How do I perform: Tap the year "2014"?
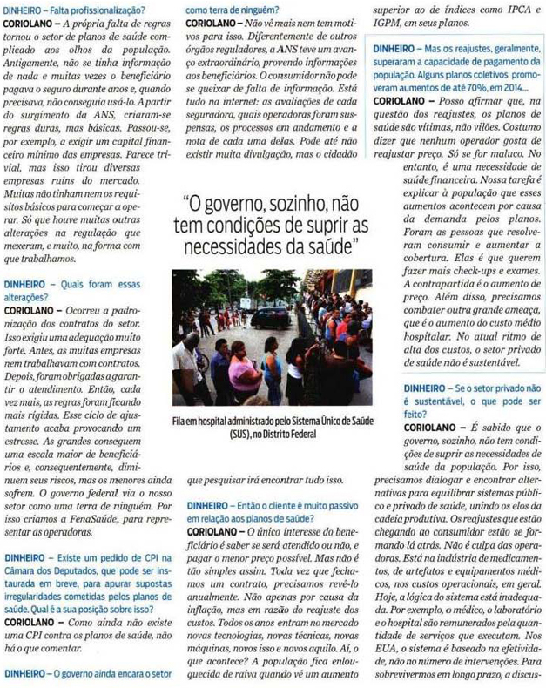pyautogui.click(x=514, y=89)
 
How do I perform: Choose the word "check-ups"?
pyautogui.click(x=471, y=272)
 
